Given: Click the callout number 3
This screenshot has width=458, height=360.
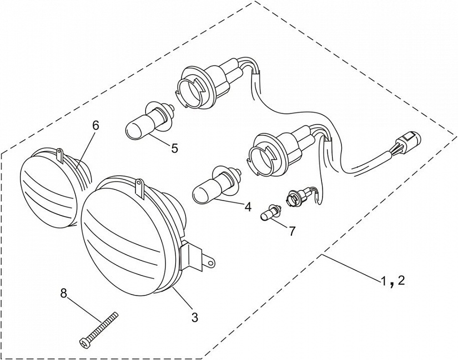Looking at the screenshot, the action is tap(195, 317).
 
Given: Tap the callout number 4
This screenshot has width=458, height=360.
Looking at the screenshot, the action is tap(248, 207).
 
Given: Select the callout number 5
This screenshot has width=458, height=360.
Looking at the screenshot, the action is tap(174, 148).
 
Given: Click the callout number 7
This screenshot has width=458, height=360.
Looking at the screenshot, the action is tap(292, 231).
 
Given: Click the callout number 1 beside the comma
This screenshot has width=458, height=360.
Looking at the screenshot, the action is tap(383, 282).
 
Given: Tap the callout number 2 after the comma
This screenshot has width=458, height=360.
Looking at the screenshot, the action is tap(401, 281).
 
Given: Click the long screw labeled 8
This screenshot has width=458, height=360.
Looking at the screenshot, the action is tap(99, 329).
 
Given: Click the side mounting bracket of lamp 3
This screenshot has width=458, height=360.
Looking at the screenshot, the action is tap(197, 256).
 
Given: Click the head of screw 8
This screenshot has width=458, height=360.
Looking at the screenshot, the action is tap(84, 343).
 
